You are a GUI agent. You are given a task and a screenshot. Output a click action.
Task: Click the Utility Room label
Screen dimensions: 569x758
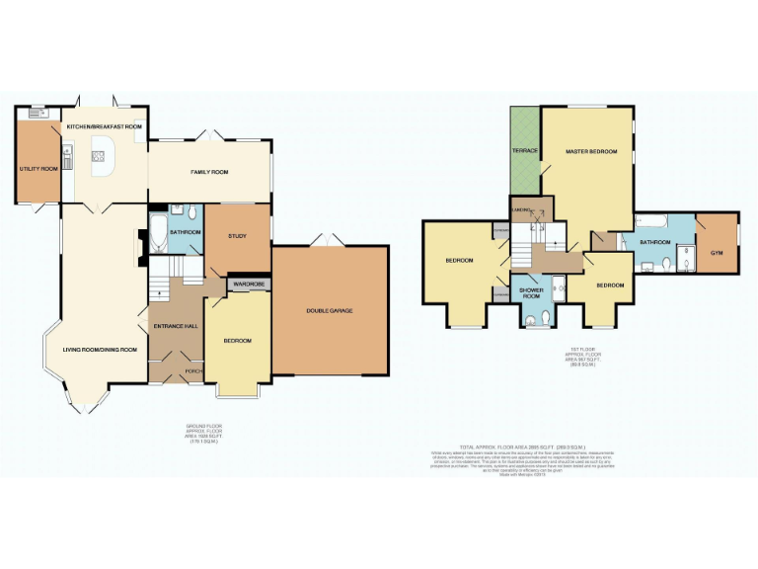pos(38,169)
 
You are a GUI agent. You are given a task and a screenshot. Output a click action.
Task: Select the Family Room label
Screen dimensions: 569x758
pos(209,172)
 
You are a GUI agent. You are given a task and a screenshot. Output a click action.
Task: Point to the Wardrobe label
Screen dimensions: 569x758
pos(249,284)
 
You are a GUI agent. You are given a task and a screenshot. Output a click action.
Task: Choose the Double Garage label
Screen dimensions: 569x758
pos(331,311)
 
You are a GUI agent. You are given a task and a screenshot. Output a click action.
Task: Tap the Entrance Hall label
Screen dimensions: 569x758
pos(174,325)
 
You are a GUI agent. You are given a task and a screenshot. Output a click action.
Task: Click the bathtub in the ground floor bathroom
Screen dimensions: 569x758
pos(157,237)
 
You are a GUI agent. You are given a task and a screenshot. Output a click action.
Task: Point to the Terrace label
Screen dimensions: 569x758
pos(523,150)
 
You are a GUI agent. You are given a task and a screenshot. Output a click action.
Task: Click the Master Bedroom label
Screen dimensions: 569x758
pos(590,151)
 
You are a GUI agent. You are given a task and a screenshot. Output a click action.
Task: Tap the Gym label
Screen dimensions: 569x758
pos(717,253)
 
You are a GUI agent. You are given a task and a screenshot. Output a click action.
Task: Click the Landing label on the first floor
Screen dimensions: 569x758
pos(521,208)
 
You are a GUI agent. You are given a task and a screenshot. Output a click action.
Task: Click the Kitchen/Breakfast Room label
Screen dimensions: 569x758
pos(105,127)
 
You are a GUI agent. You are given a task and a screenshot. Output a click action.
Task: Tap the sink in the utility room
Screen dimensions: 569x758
pos(39,114)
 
